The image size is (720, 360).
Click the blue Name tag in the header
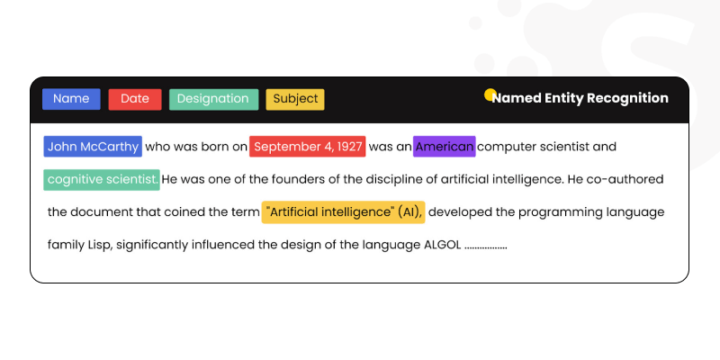click(71, 99)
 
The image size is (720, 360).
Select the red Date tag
click(135, 99)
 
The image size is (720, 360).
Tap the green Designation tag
click(213, 99)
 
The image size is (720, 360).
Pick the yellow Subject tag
click(295, 99)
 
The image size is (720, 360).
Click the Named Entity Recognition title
click(580, 98)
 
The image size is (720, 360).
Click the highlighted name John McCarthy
click(93, 147)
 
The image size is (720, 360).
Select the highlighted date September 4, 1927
click(308, 147)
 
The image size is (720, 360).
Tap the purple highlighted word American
click(445, 147)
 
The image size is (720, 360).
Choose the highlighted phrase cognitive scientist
click(102, 179)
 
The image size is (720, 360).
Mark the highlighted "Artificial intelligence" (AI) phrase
click(343, 212)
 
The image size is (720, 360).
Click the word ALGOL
click(442, 245)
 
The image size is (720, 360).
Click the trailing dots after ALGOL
click(486, 246)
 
